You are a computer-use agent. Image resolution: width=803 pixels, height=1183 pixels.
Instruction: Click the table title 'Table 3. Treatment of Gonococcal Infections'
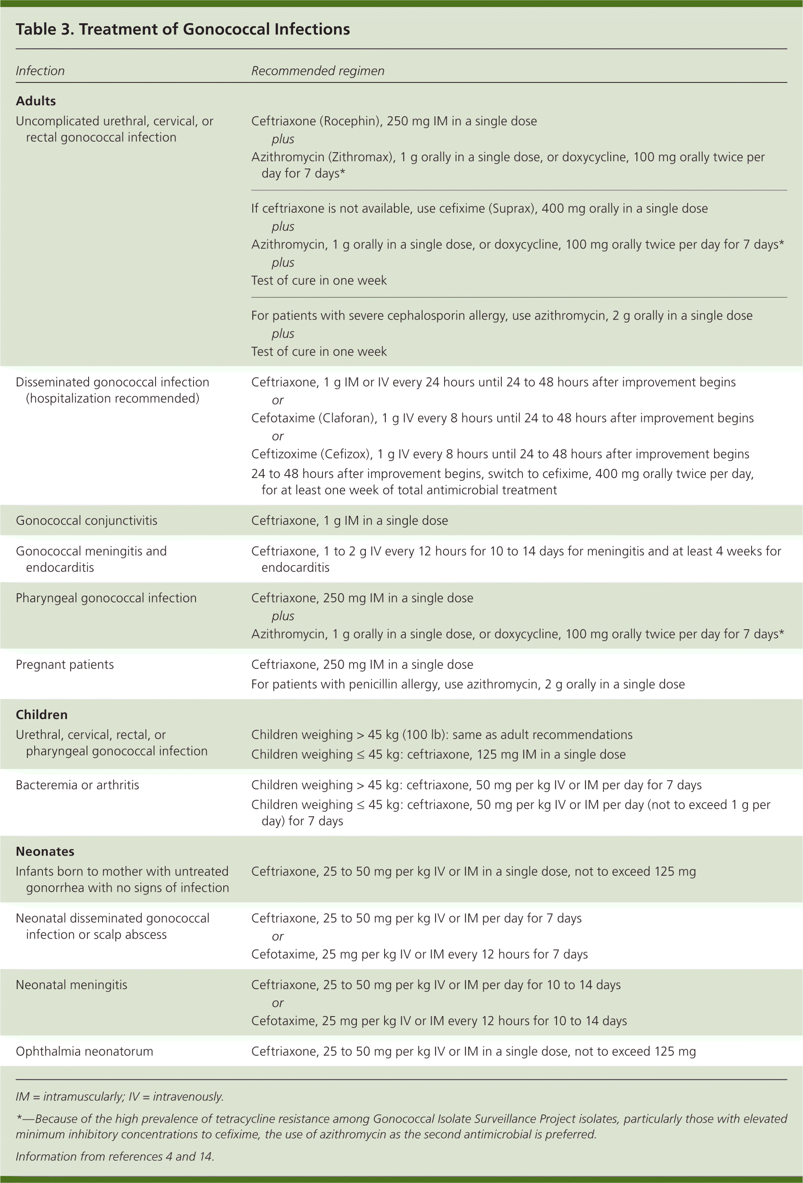point(182,29)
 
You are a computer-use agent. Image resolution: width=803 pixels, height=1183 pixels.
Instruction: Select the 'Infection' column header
point(40,71)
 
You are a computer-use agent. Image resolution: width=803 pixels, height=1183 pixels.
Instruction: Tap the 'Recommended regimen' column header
point(317,71)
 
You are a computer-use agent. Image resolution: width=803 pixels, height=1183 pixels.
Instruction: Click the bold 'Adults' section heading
point(36,101)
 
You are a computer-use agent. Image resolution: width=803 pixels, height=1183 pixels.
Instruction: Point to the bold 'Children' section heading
point(41,714)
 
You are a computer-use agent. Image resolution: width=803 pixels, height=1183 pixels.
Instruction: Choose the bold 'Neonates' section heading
point(45,851)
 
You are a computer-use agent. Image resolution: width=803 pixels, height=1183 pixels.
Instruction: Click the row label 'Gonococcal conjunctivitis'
point(87,520)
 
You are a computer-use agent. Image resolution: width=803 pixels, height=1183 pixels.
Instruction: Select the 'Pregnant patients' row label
point(65,664)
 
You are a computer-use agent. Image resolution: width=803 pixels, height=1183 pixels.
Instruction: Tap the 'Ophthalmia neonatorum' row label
point(84,1051)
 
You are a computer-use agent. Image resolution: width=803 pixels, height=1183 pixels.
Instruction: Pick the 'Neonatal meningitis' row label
point(71,985)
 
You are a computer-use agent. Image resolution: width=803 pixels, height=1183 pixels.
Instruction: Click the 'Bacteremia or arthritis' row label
point(78,784)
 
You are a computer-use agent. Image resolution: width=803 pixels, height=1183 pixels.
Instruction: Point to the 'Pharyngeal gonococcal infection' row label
point(106,597)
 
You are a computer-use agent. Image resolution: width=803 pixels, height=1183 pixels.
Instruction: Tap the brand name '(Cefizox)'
point(346,454)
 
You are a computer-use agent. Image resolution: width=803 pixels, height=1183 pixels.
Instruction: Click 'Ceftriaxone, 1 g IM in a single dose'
point(349,520)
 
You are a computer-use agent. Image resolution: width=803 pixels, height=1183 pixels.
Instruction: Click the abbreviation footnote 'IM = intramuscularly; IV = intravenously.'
point(120,1096)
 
